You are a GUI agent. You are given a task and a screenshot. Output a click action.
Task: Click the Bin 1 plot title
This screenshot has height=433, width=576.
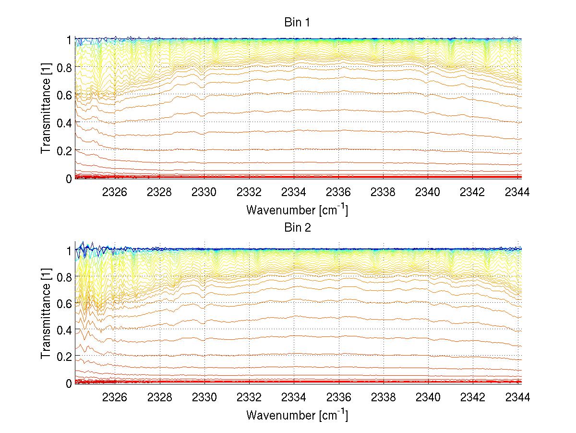click(298, 23)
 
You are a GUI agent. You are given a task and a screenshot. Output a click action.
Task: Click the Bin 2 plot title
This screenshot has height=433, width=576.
click(298, 227)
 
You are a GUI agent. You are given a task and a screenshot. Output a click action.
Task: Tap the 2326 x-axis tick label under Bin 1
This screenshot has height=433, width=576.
click(115, 192)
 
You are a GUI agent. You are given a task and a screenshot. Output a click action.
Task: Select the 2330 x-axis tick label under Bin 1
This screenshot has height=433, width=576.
click(204, 192)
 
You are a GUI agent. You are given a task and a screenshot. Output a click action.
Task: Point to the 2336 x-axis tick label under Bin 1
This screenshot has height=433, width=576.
click(339, 192)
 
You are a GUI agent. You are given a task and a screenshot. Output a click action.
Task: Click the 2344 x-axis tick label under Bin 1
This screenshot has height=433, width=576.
click(517, 192)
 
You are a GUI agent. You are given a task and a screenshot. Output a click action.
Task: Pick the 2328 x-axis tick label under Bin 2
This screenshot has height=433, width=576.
click(159, 397)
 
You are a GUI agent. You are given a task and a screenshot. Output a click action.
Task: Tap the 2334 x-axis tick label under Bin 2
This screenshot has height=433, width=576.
click(294, 397)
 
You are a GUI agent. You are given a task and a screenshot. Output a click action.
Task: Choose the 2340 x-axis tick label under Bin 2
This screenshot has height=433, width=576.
click(428, 397)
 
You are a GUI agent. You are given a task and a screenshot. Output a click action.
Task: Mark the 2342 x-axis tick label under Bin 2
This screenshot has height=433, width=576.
click(473, 397)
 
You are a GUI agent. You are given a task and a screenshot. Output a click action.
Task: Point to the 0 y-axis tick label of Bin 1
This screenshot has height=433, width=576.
click(69, 178)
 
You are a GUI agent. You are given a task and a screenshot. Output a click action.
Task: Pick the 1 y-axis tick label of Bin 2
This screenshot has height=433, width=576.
click(69, 250)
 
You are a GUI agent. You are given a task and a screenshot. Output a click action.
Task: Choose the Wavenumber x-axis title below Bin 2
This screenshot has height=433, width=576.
click(297, 414)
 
